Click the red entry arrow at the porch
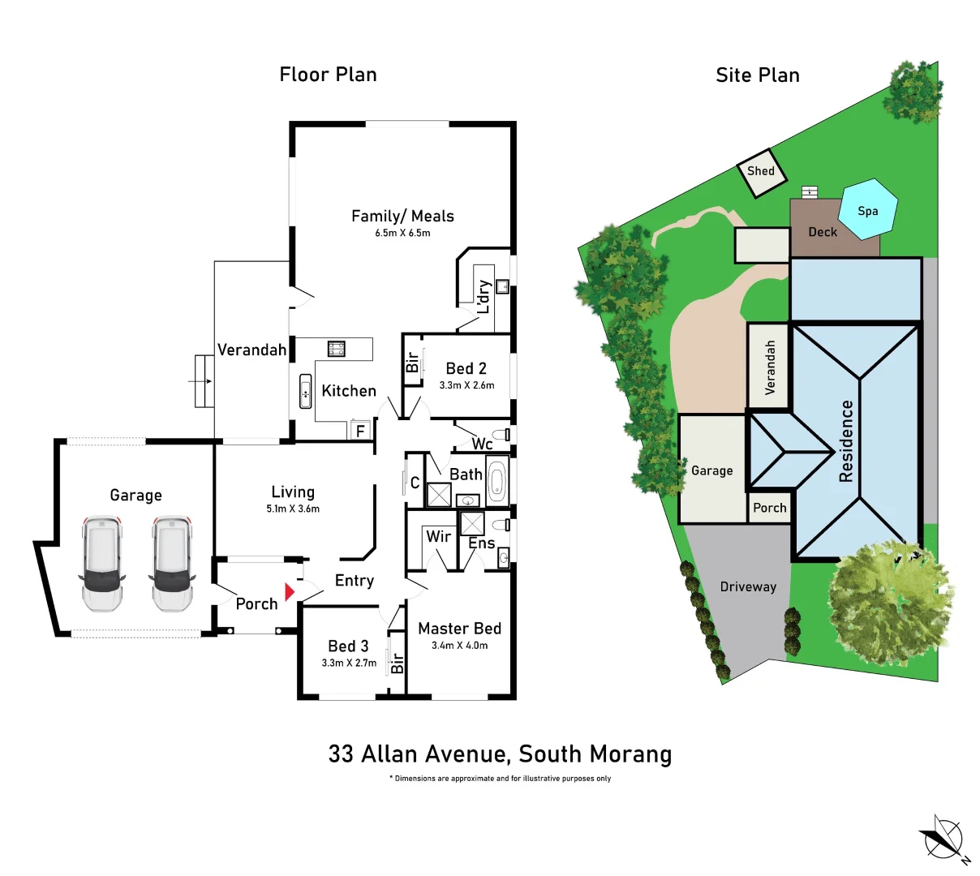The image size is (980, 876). [290, 592]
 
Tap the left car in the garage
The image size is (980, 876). [102, 564]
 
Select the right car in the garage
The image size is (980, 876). [172, 564]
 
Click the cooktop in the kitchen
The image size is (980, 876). [336, 349]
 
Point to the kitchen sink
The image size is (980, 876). [306, 391]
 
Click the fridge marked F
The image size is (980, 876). [361, 431]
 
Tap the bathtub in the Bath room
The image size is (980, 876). [496, 482]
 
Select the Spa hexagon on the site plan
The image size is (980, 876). [868, 209]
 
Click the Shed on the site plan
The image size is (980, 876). [761, 172]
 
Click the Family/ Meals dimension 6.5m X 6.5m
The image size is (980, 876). [402, 233]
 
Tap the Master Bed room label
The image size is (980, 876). [459, 629]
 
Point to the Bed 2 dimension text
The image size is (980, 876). [466, 385]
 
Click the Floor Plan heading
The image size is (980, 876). [328, 75]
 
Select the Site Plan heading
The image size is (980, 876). [758, 75]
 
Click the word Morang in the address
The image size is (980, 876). [631, 754]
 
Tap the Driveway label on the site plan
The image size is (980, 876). [748, 587]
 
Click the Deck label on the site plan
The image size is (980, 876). [823, 232]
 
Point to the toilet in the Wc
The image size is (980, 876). [505, 434]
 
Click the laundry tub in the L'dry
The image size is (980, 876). [502, 286]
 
